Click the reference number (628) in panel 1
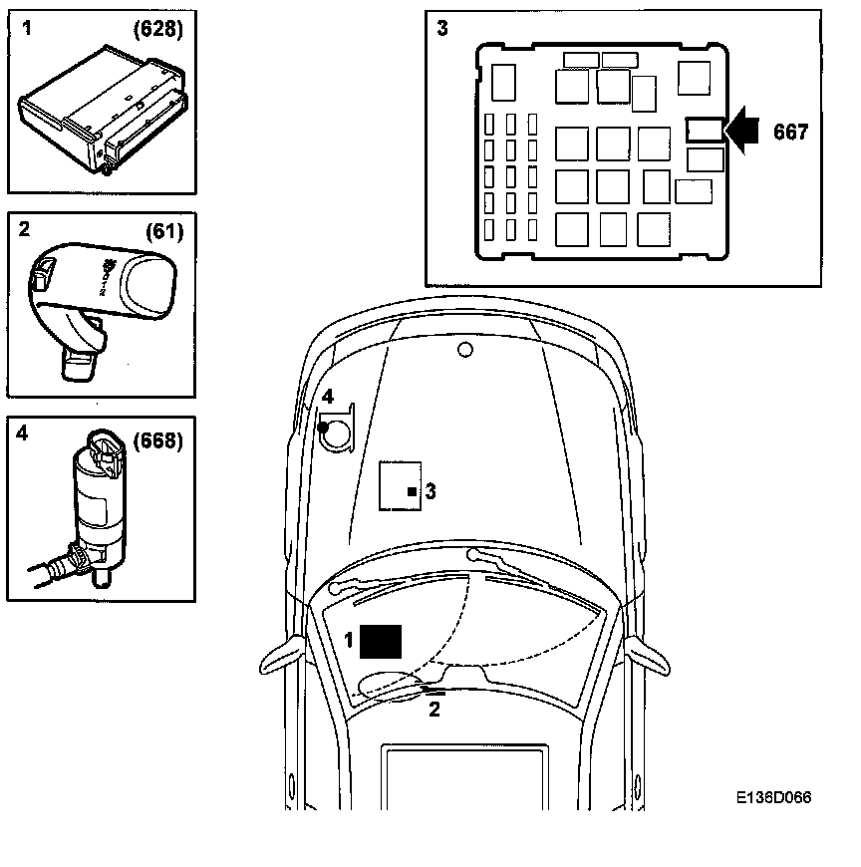click(x=158, y=29)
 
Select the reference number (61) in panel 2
click(x=163, y=232)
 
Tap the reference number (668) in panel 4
click(x=158, y=439)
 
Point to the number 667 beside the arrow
click(x=790, y=131)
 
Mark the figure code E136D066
click(x=773, y=798)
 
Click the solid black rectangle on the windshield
click(x=381, y=642)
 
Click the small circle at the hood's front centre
click(x=463, y=349)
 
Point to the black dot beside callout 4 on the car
click(x=323, y=427)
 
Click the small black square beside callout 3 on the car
click(x=412, y=491)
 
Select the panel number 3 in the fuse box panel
click(x=442, y=28)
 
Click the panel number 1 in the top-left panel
click(x=27, y=29)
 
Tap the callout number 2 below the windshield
click(x=433, y=710)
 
